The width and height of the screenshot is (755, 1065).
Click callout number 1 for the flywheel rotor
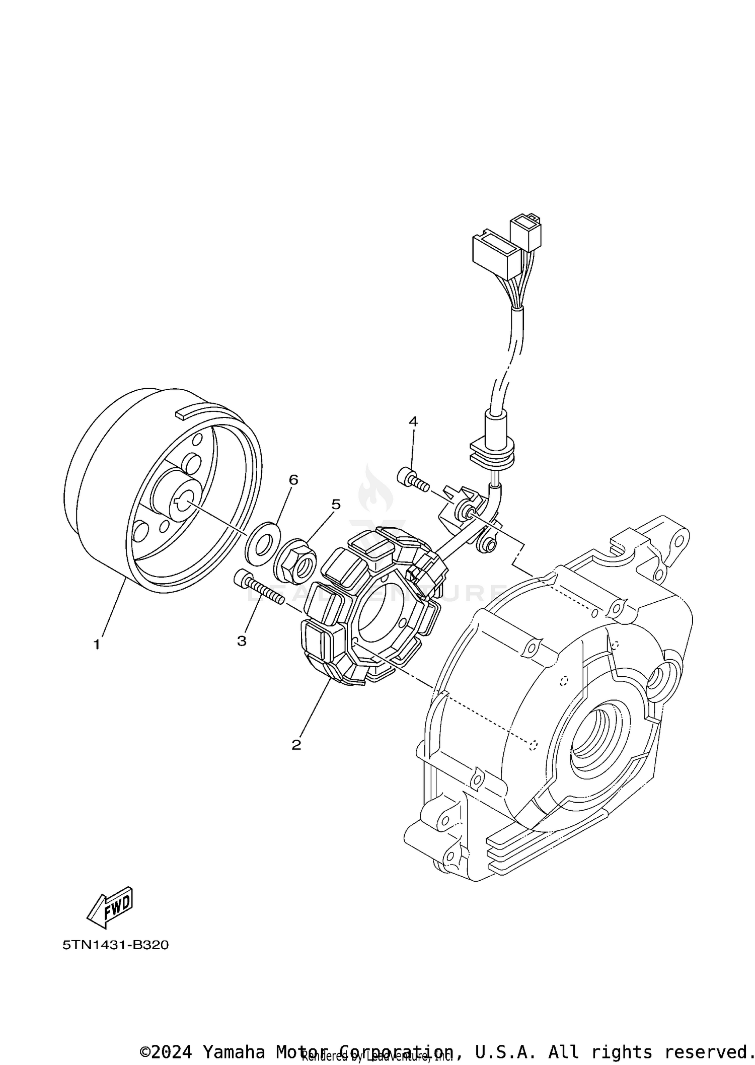(x=97, y=644)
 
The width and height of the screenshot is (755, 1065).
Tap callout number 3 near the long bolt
(x=242, y=641)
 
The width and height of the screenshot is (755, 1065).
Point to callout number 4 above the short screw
(x=413, y=421)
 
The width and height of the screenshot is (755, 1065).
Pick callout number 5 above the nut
(x=335, y=504)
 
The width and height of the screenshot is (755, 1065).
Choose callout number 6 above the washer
(x=293, y=480)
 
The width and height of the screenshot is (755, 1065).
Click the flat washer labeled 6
(x=262, y=541)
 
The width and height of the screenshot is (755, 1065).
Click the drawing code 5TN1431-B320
(x=115, y=945)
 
